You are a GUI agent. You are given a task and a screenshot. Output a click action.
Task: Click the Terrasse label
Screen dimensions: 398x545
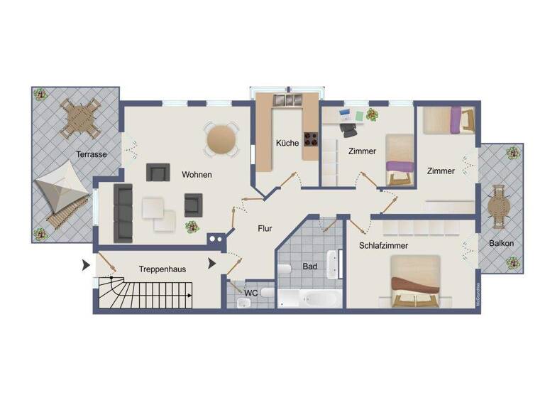coord(92,154)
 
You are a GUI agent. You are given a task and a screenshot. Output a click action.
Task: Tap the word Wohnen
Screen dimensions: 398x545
coord(197,174)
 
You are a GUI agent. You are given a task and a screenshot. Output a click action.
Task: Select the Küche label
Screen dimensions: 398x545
coord(287,144)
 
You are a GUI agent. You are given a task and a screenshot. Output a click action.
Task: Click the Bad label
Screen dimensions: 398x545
coord(309,267)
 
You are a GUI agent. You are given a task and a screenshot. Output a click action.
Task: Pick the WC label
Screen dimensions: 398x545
coord(251,292)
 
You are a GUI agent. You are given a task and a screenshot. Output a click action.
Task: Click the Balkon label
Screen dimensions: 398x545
coord(501,243)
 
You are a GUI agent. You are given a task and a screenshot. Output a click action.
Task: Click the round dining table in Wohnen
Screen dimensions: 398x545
coord(222,139)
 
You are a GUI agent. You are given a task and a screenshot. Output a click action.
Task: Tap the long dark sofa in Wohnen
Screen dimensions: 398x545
coord(123,213)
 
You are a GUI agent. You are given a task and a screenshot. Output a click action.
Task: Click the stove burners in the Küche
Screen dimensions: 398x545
coord(312,139)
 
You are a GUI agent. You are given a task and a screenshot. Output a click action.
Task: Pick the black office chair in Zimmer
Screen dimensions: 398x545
coord(348,129)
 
